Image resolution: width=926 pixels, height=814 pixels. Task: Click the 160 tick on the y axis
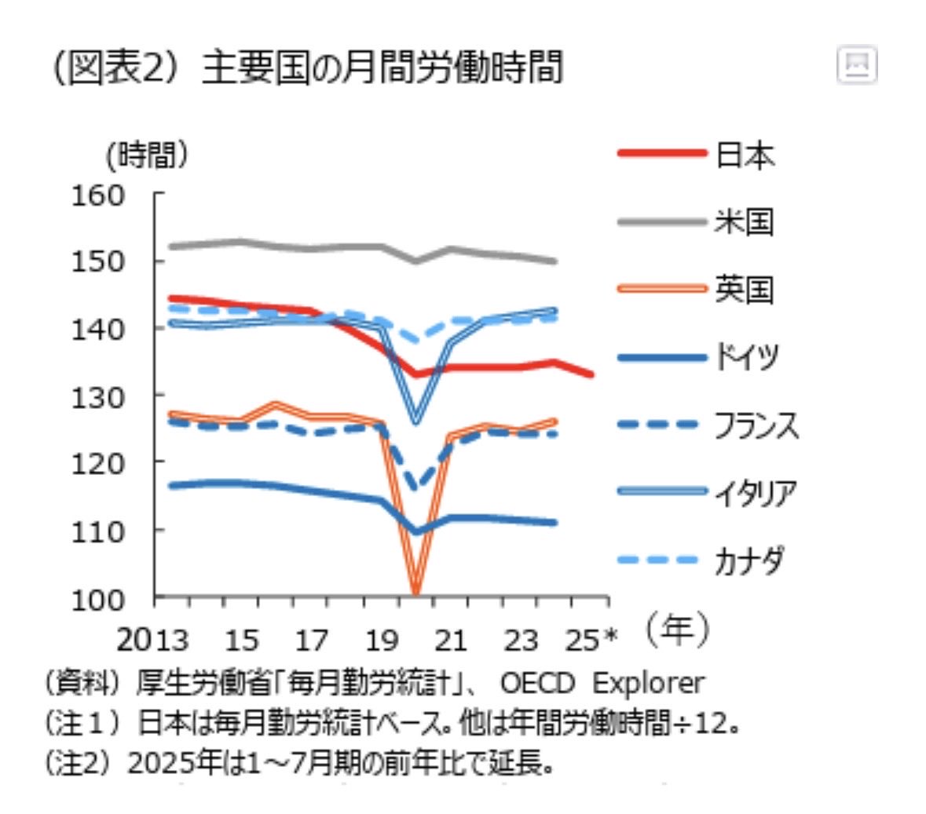[x=98, y=195]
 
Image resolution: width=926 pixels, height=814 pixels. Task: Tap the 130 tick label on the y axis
[x=98, y=396]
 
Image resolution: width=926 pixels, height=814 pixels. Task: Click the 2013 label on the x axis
[x=153, y=641]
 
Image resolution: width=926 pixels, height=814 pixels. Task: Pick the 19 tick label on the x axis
[x=382, y=641]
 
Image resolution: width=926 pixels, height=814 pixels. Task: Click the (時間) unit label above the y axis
[x=148, y=155]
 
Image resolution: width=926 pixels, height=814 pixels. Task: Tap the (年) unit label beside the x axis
[x=677, y=630]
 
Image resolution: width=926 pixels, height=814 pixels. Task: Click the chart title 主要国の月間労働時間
[x=382, y=68]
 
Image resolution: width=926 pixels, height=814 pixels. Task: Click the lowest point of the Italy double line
[x=415, y=420]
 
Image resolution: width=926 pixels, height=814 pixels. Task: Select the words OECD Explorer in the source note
[x=602, y=683]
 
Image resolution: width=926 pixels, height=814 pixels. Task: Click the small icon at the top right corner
[x=857, y=65]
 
